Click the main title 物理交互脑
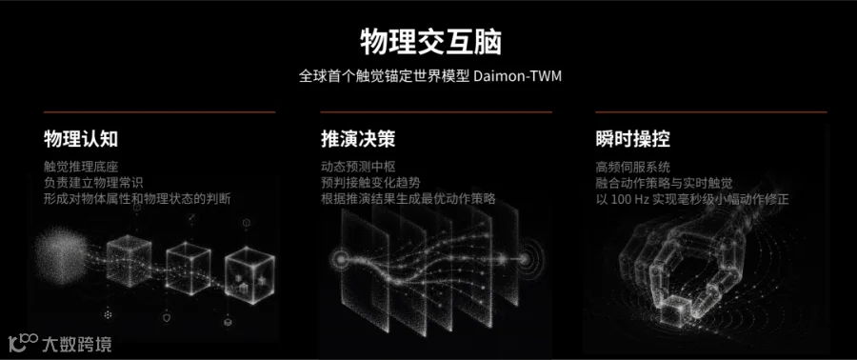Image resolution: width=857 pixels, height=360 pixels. click(x=430, y=43)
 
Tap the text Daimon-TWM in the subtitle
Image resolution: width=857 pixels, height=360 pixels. click(x=518, y=76)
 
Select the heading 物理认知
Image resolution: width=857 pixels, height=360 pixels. click(x=81, y=139)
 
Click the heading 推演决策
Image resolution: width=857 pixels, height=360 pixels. click(x=358, y=139)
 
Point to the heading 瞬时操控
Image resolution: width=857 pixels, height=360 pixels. click(x=633, y=139)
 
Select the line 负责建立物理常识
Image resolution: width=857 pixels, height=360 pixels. click(x=93, y=183)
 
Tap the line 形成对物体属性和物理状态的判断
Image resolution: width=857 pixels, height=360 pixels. click(x=137, y=199)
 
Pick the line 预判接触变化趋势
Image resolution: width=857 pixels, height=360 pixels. click(x=370, y=183)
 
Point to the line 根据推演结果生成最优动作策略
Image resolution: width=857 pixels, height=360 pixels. click(x=409, y=199)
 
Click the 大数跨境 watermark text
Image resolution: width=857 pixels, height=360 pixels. click(x=77, y=344)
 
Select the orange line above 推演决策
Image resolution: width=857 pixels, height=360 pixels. click(x=436, y=112)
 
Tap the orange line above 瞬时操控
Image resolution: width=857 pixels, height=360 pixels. click(x=711, y=112)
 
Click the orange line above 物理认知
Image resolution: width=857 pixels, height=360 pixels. click(x=160, y=112)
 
